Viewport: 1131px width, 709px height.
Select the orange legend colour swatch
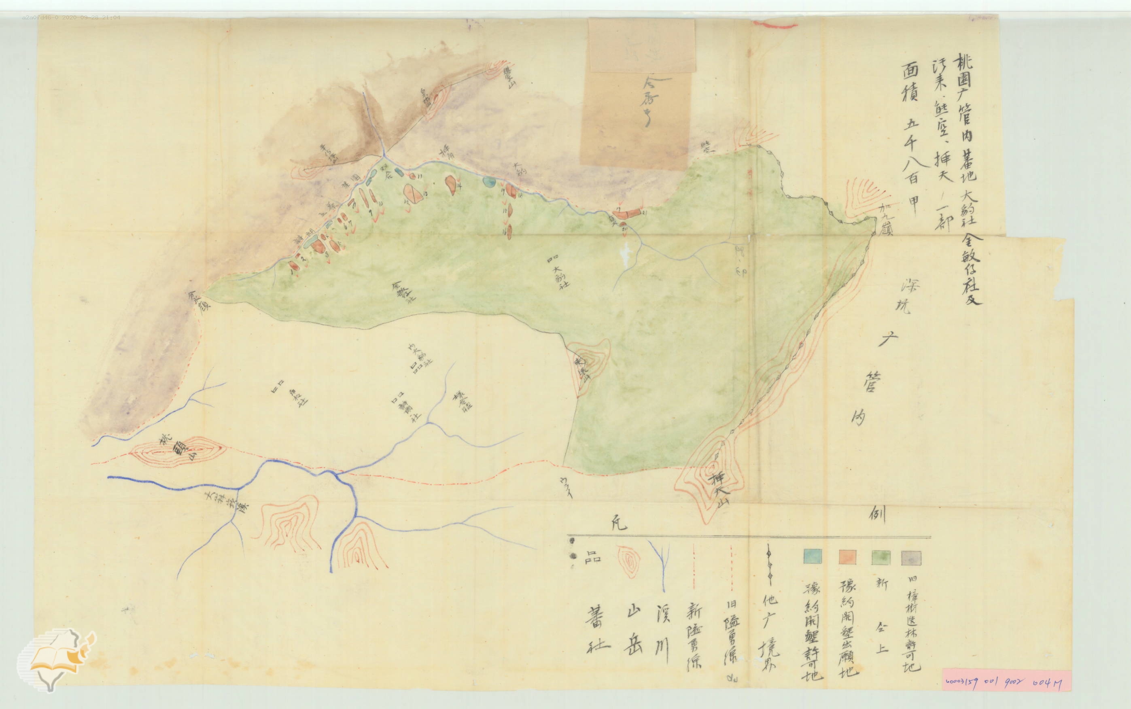tap(847, 557)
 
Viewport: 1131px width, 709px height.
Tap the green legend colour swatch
tap(881, 557)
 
